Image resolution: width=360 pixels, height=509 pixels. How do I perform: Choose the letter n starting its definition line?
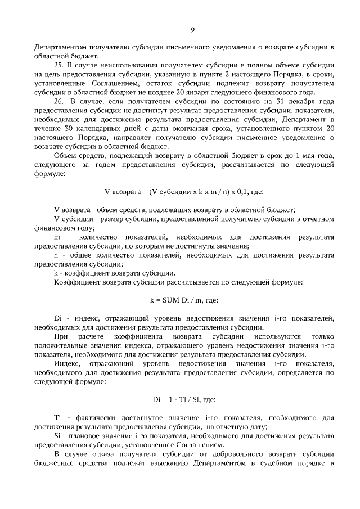pos(56,255)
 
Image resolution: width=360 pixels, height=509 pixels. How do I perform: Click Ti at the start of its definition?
pos(57,418)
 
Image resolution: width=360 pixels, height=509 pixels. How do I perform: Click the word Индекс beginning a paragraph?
pos(67,363)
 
